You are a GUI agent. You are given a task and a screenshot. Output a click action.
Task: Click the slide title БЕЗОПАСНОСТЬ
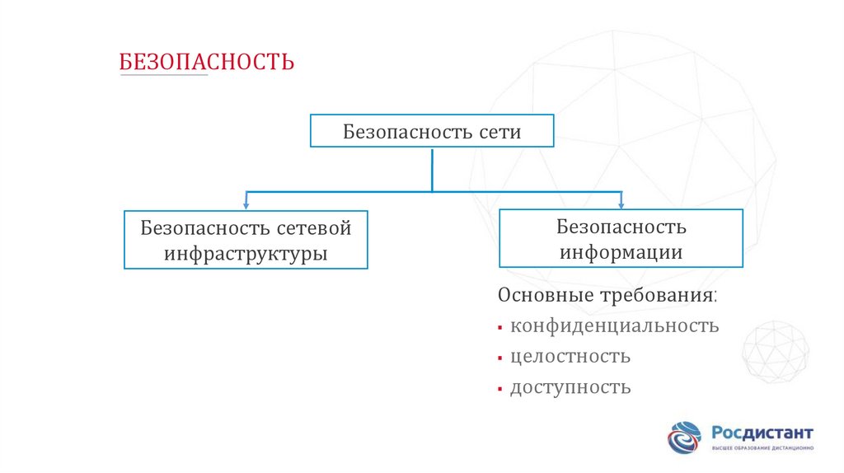pyautogui.click(x=207, y=62)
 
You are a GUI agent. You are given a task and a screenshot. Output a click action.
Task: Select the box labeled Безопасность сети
pyautogui.click(x=432, y=131)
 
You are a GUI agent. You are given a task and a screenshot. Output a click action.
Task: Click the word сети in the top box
pyautogui.click(x=499, y=132)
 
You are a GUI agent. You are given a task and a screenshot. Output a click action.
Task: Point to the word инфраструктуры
pyautogui.click(x=246, y=253)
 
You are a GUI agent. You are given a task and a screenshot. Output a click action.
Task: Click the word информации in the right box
pyautogui.click(x=621, y=251)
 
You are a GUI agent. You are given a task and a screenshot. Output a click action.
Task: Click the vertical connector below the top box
pyautogui.click(x=432, y=169)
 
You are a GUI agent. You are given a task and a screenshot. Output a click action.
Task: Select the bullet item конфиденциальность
pyautogui.click(x=614, y=325)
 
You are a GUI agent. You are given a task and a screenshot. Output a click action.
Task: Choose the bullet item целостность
pyautogui.click(x=570, y=357)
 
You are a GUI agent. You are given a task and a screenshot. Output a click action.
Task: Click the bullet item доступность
pyautogui.click(x=570, y=387)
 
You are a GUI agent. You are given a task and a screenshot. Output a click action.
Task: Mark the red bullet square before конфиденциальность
pyautogui.click(x=500, y=328)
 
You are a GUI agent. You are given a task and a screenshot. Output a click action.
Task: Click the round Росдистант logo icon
pyautogui.click(x=684, y=437)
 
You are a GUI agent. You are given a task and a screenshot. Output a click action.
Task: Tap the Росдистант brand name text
pyautogui.click(x=762, y=433)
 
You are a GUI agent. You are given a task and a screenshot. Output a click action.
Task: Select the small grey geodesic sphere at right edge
pyautogui.click(x=775, y=350)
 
